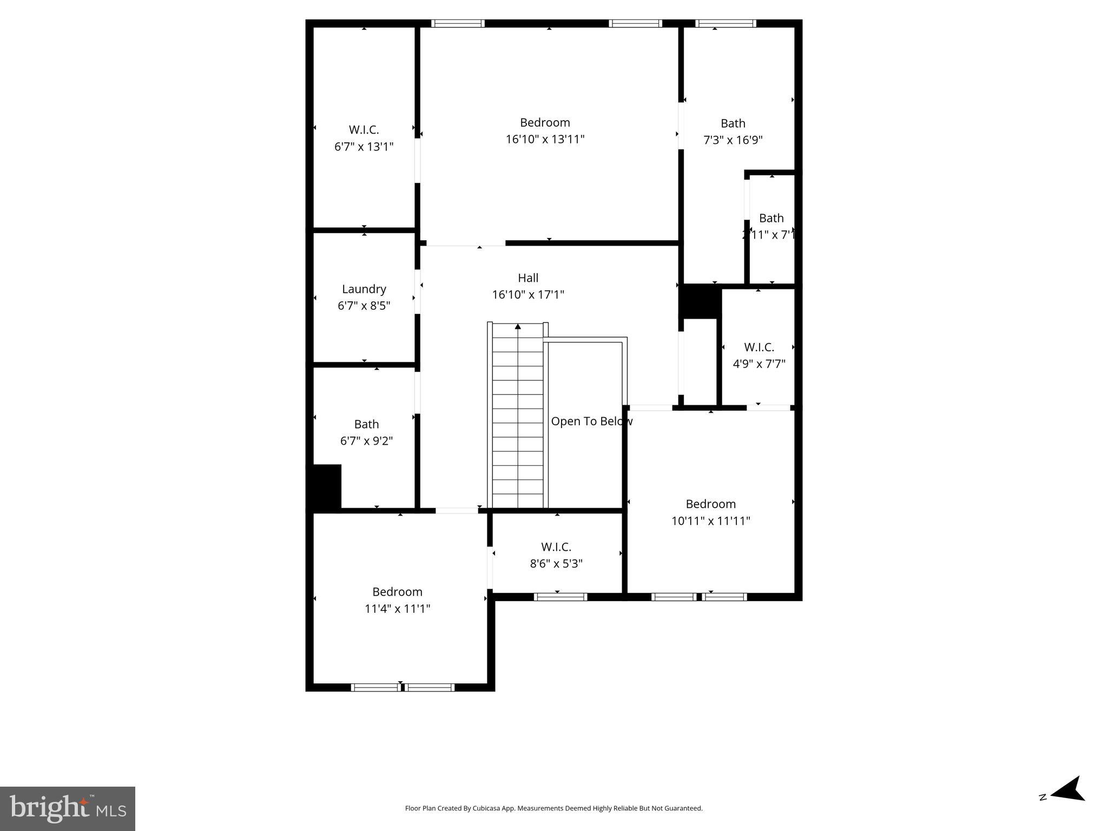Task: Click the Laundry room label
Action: coord(364,289)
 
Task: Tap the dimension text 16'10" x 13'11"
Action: coord(545,140)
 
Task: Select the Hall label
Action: coord(527,278)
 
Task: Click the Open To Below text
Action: coord(591,421)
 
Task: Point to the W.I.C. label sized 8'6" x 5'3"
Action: coord(556,547)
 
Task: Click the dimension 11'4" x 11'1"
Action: coord(397,609)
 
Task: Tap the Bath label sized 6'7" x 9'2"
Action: coord(366,424)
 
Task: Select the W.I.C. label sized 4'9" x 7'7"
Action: coord(759,347)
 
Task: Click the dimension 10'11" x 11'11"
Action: coord(710,521)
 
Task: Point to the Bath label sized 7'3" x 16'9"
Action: coord(733,123)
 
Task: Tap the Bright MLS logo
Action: coord(68,808)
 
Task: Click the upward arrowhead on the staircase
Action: coord(518,326)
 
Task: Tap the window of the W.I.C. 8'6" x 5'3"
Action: coord(560,597)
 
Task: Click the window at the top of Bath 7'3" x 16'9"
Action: coord(725,23)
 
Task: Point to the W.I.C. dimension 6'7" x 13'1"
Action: coord(364,147)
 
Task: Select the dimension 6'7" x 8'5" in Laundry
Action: coord(364,306)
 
